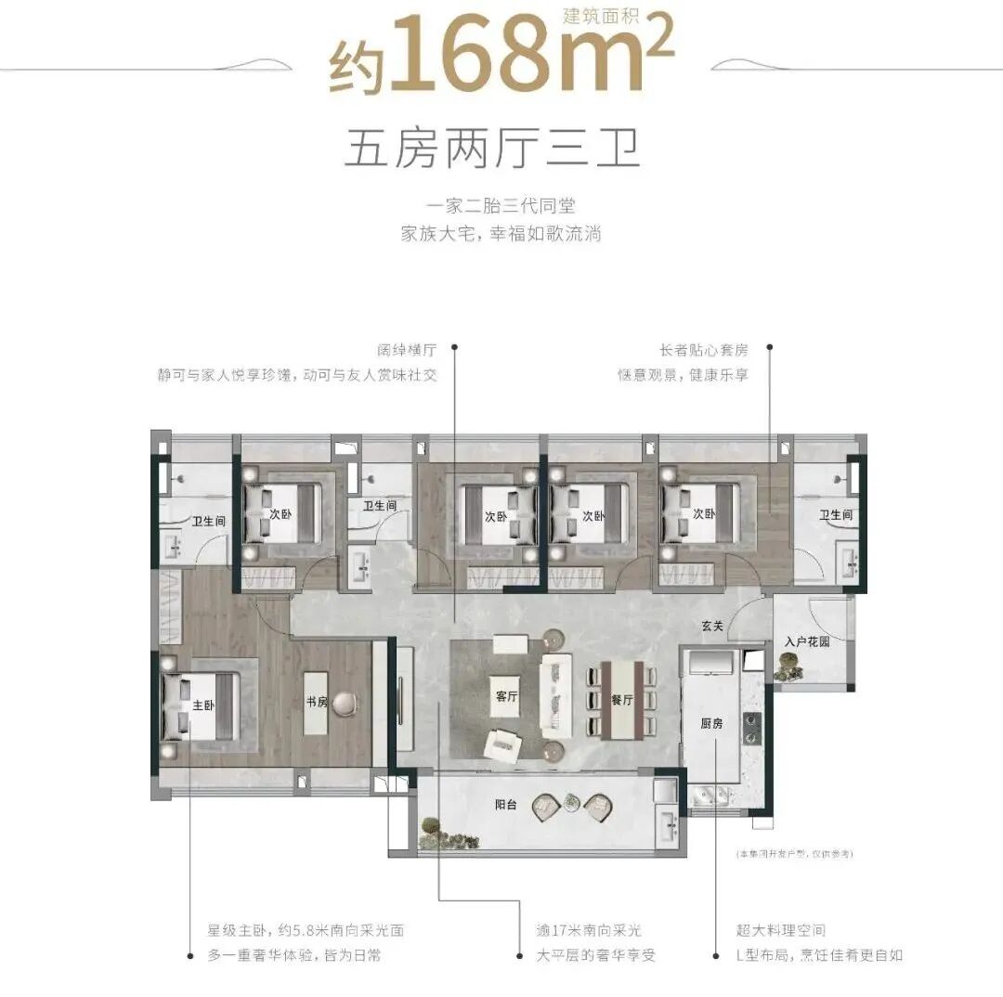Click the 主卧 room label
[203, 705]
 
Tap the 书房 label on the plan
[317, 703]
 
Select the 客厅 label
[506, 697]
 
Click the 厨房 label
[711, 723]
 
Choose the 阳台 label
[506, 805]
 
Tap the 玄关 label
[712, 627]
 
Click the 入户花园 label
[805, 641]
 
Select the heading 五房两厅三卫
[492, 149]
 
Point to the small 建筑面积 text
[602, 15]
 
